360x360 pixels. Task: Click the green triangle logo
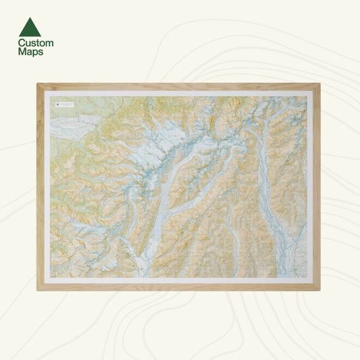[30, 27]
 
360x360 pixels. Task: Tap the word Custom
[36, 43]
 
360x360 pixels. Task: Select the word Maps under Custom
[31, 52]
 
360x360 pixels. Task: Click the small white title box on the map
[68, 105]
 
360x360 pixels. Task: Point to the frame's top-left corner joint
[40, 86]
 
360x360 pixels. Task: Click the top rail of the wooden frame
[179, 86]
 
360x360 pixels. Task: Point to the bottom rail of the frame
[179, 287]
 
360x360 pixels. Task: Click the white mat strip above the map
[179, 93]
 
